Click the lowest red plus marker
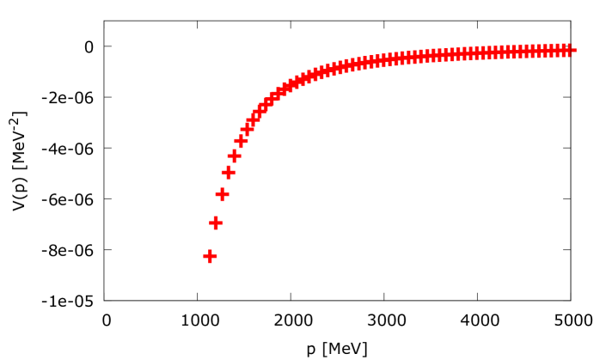click(210, 256)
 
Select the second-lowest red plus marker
click(216, 223)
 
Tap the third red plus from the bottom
click(222, 195)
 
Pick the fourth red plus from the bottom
click(228, 173)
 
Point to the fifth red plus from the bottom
click(234, 156)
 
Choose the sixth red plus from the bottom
click(241, 141)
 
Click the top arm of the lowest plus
click(210, 251)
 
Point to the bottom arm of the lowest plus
click(210, 261)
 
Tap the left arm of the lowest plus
click(205, 256)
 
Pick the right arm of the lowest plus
click(215, 256)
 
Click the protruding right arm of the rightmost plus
click(574, 50)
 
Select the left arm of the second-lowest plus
click(211, 223)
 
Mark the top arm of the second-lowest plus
click(216, 217)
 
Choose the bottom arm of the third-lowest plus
click(222, 200)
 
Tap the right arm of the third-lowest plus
click(227, 195)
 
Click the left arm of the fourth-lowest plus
click(223, 173)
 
